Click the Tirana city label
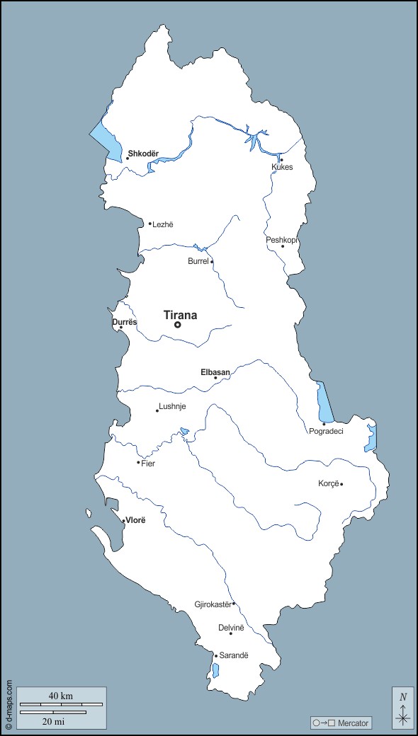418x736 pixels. point(180,316)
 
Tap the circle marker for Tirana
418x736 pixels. point(178,326)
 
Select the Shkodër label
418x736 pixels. point(143,154)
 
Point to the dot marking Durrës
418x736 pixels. point(120,328)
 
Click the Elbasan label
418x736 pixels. point(215,372)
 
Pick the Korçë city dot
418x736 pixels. point(341,484)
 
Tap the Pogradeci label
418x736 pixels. point(326,431)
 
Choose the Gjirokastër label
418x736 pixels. point(213,604)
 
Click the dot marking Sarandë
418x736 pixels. point(216,656)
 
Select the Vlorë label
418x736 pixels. point(135,520)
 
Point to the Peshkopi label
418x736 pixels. point(281,240)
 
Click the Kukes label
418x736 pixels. point(282,167)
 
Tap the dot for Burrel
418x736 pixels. point(212,262)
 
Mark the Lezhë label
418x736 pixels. point(163,224)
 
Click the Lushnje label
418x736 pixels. point(173,406)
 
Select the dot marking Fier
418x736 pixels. point(138,463)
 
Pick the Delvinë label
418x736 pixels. point(231,628)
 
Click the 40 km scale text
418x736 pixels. point(61,696)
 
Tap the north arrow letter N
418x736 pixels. point(403,696)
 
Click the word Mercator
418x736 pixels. point(353,723)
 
